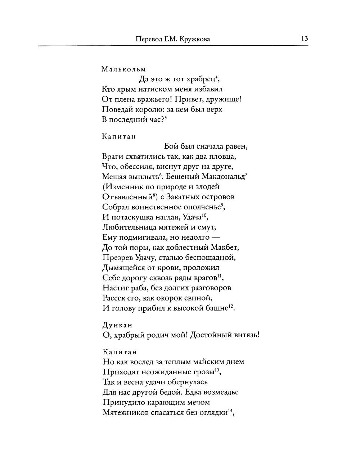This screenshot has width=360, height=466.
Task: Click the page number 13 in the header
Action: click(x=305, y=39)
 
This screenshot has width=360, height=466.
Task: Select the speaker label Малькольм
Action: click(x=124, y=69)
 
